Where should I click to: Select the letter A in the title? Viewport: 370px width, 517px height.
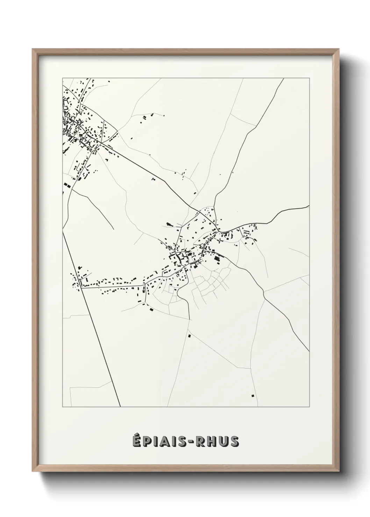click(164, 441)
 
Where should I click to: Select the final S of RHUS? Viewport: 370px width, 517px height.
click(235, 441)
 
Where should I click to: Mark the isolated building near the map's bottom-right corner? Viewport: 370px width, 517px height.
click(252, 395)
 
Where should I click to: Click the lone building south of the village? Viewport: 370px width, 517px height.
click(190, 336)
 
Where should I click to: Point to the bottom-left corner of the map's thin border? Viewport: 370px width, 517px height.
click(63, 407)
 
